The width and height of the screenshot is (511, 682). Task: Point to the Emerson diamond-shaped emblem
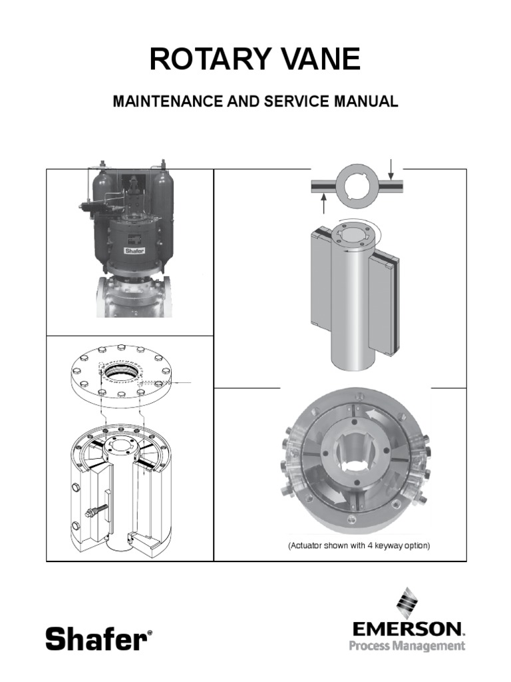tap(408, 603)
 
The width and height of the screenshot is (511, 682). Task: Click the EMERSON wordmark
tap(408, 629)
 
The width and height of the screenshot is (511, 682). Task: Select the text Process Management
tap(407, 645)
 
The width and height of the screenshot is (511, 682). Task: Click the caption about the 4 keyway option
tap(359, 545)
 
